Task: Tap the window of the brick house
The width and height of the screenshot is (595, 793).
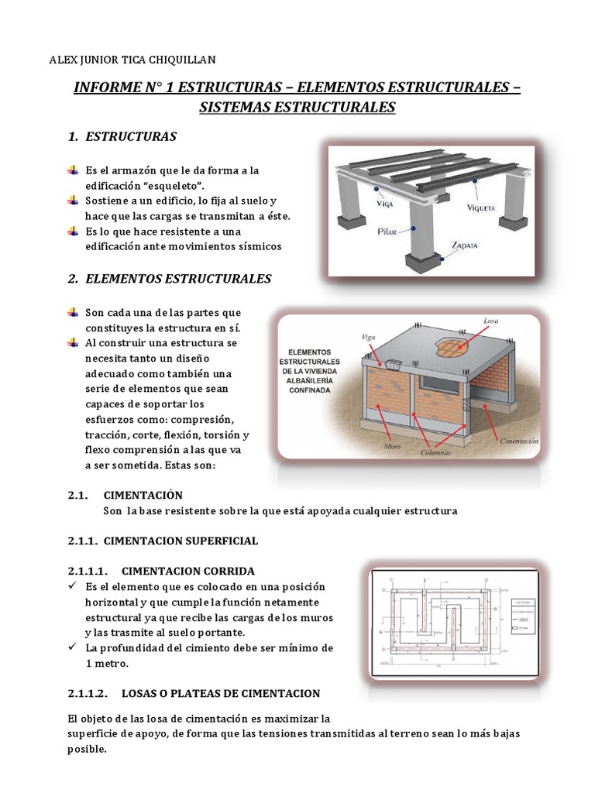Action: (x=442, y=384)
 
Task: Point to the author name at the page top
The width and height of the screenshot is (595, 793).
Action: (x=133, y=59)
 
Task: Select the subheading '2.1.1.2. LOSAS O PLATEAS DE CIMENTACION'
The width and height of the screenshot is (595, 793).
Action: (x=193, y=692)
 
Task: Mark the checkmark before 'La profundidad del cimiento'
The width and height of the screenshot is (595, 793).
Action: (x=71, y=647)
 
